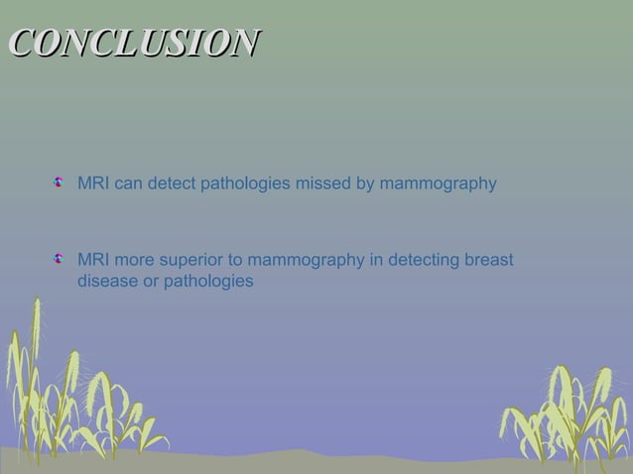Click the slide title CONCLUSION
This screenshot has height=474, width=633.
[134, 43]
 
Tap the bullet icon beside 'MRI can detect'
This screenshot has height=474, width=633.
[61, 182]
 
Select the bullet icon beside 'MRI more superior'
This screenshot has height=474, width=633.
[61, 261]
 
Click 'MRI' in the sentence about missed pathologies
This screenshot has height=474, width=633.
[93, 183]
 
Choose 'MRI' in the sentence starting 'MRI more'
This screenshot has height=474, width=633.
[93, 262]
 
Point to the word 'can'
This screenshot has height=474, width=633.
[129, 183]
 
